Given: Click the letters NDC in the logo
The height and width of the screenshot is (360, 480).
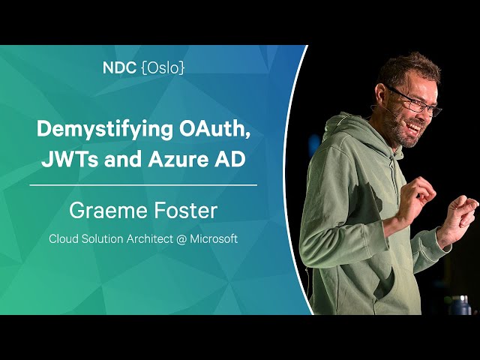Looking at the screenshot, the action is pyautogui.click(x=119, y=67).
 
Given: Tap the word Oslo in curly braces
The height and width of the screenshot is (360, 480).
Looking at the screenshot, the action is pyautogui.click(x=163, y=67).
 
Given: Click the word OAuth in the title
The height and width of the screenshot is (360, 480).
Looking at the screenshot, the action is pyautogui.click(x=214, y=129).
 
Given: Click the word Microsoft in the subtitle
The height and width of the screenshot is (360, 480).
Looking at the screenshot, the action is pyautogui.click(x=214, y=238).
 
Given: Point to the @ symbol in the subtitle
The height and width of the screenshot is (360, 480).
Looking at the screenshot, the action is pyautogui.click(x=181, y=239).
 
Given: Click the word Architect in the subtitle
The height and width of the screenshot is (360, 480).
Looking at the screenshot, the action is pyautogui.click(x=150, y=238).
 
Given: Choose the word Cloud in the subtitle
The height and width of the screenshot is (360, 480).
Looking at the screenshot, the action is pyautogui.click(x=64, y=238).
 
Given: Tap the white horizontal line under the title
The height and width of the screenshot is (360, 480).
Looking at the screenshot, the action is pyautogui.click(x=143, y=185).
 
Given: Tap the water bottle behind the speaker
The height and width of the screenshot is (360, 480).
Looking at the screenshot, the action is pyautogui.click(x=460, y=305).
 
